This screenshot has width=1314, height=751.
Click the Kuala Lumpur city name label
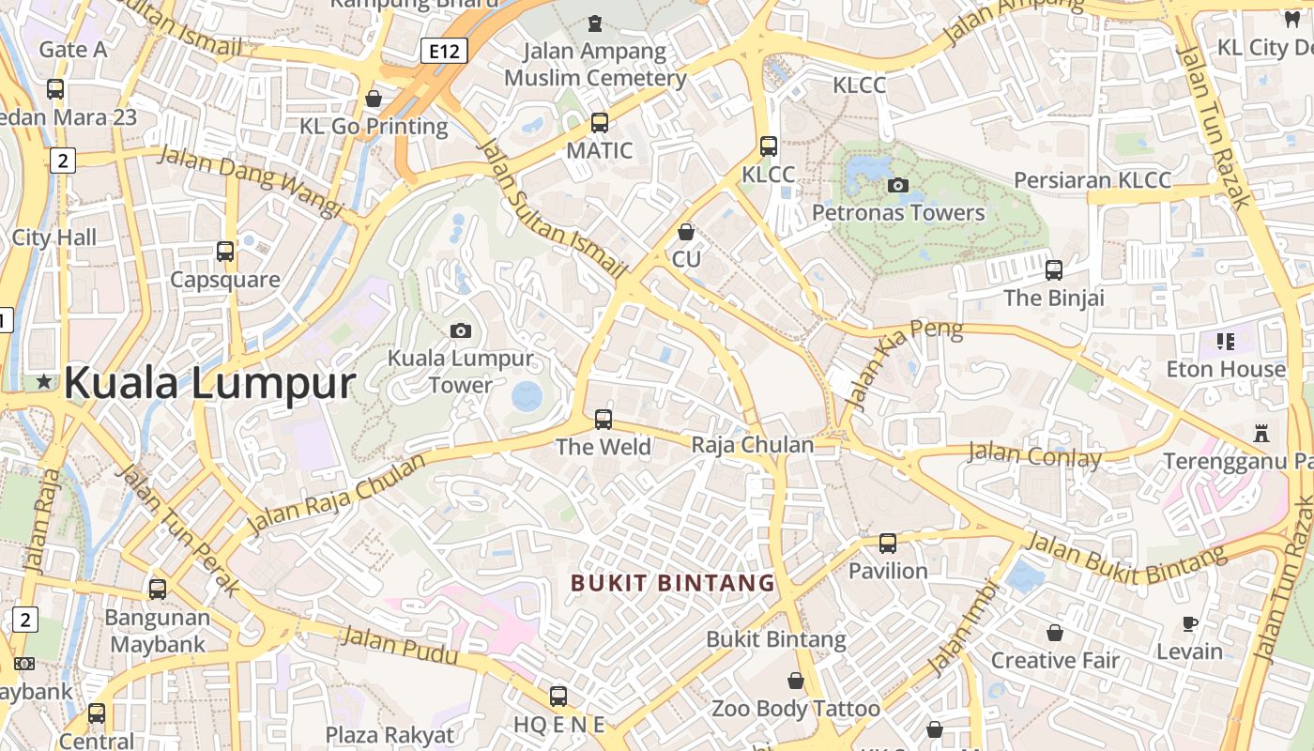209,383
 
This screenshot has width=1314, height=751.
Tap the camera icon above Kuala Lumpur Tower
460,330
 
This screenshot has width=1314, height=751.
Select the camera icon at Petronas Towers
898,185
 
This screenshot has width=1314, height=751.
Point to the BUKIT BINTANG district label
673,583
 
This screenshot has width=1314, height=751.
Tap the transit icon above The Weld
604,419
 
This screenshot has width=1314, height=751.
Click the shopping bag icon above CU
686,231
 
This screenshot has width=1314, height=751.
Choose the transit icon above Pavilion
888,543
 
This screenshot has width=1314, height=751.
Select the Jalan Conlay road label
1034,456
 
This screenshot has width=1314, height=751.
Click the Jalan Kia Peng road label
903,364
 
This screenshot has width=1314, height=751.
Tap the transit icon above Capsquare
225,251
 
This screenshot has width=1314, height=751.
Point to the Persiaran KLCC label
1092,180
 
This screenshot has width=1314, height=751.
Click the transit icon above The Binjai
1054,269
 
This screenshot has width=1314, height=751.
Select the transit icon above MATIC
600,122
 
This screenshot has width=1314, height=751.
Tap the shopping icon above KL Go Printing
374,98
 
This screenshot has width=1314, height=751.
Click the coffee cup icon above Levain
1190,623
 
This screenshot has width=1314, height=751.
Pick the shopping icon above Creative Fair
1055,632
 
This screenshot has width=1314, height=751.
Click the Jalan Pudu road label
400,647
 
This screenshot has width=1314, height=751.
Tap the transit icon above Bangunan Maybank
158,590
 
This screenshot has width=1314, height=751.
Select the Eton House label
1226,369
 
